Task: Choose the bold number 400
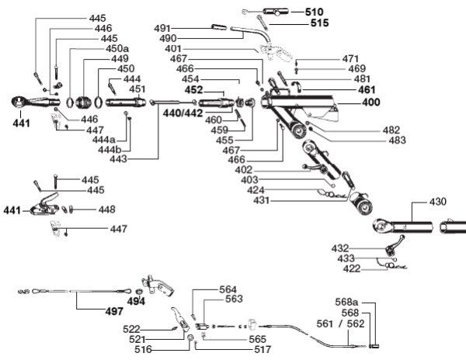371,102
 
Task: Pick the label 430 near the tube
438,202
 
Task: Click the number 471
351,59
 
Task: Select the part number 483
397,140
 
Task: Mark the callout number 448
106,209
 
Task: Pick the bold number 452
193,90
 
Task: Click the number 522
131,329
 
